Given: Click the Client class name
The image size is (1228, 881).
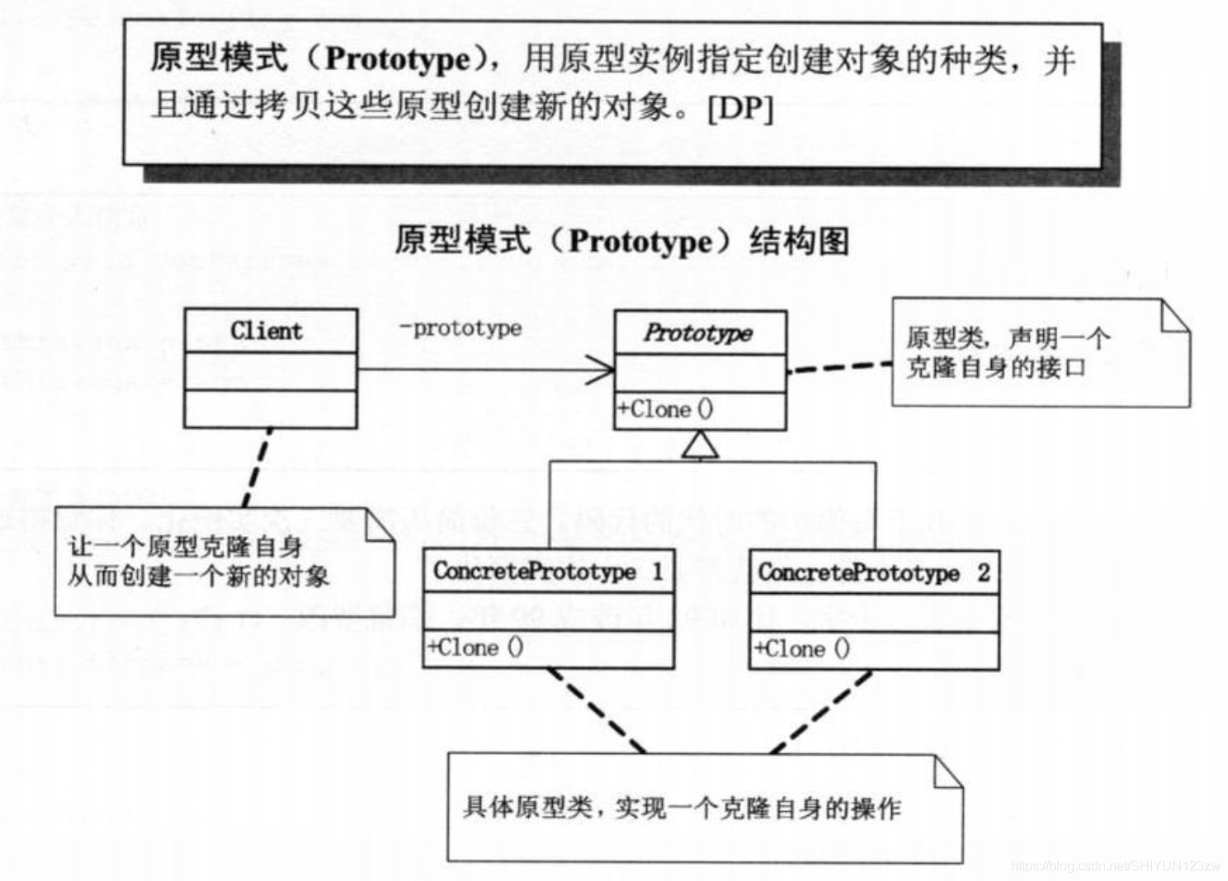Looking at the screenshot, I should (267, 332).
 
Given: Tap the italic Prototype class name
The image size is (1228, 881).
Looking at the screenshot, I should (698, 333).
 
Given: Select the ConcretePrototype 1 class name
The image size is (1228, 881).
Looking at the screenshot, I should (548, 572).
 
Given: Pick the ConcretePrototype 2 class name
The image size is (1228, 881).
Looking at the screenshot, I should (873, 572).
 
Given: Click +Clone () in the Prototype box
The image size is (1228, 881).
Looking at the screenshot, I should (665, 410).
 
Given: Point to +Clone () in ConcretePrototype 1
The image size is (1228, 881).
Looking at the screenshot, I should (475, 648).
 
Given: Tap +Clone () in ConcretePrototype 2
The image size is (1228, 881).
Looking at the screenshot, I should (801, 649).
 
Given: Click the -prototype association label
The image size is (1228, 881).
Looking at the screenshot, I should (460, 328).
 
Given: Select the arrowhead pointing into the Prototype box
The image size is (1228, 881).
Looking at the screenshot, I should (601, 370).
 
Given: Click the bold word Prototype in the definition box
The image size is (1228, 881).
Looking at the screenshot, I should (398, 59).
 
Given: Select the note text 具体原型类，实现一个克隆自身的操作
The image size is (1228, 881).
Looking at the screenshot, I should (682, 808).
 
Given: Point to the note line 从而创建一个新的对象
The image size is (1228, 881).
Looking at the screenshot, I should (199, 576).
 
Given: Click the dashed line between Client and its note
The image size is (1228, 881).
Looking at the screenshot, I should (257, 468).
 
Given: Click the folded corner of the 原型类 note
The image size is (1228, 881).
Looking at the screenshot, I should (1175, 316).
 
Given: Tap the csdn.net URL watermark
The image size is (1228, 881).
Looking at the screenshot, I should (1115, 865).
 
